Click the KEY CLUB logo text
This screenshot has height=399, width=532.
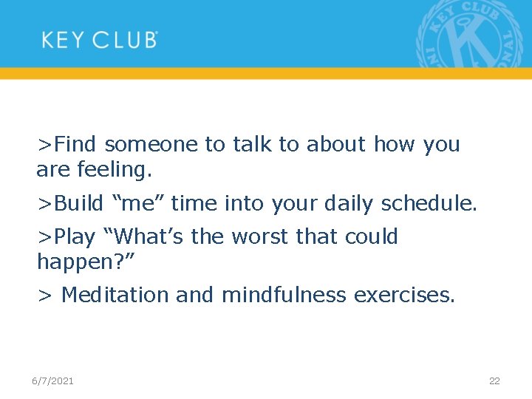click(100, 39)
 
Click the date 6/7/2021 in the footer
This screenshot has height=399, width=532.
click(52, 381)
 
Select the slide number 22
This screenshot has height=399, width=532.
click(494, 381)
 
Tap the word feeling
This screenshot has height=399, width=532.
click(115, 170)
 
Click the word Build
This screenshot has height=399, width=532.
click(78, 202)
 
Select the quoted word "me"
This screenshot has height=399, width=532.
click(137, 202)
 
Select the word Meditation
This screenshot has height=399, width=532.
click(117, 295)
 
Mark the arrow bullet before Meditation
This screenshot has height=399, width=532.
click(45, 296)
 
